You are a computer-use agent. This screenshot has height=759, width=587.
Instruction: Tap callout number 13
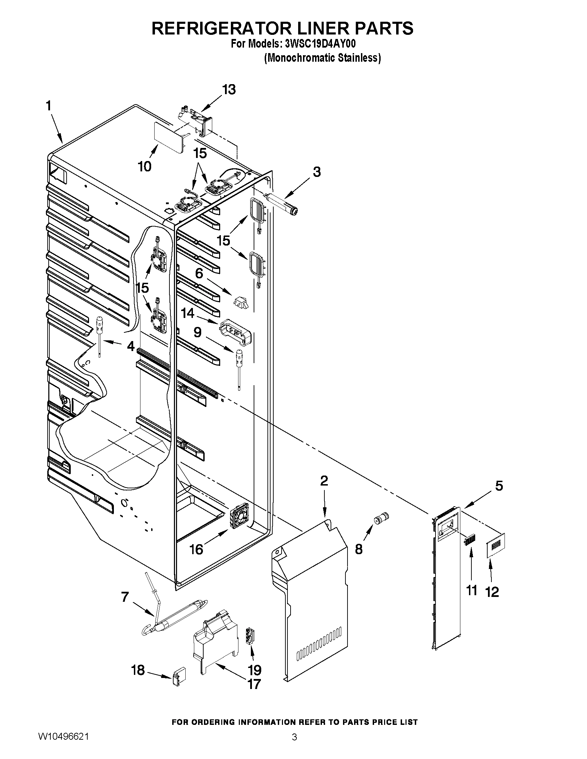(229, 90)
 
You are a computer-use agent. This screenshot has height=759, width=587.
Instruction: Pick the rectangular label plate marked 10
(169, 137)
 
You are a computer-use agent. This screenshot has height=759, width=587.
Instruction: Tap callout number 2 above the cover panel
(324, 481)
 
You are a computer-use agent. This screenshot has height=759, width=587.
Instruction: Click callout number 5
(499, 486)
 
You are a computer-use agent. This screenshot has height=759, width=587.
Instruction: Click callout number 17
(254, 684)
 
